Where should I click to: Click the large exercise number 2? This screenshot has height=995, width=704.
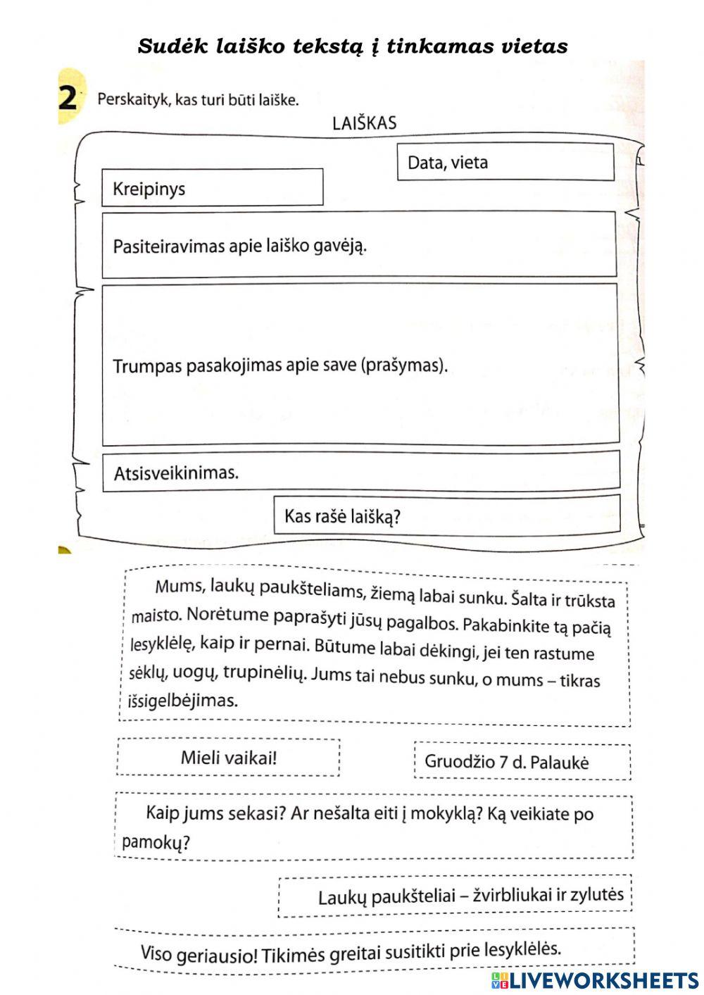point(68,98)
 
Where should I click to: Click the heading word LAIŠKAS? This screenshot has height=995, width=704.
point(364,123)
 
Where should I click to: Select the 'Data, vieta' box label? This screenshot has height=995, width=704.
point(448,163)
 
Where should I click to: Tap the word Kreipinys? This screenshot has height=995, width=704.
point(149,189)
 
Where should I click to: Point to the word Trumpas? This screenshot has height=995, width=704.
point(146,366)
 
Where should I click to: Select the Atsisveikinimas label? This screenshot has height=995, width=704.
point(176,473)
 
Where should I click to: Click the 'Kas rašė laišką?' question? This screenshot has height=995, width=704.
point(342,517)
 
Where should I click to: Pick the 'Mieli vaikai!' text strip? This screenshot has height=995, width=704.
point(229,758)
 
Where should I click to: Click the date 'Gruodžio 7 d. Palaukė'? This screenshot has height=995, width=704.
point(506,762)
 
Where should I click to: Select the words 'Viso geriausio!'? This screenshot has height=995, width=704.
point(199,955)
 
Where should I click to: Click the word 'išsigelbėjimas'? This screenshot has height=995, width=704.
point(183,701)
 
